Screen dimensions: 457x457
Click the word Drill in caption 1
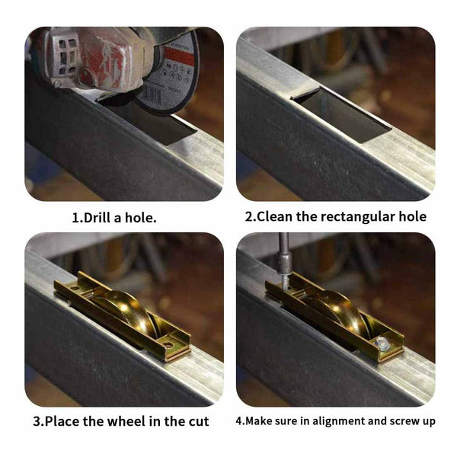(97, 218)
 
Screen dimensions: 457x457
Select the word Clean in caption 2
(275, 216)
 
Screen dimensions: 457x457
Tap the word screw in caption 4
(404, 422)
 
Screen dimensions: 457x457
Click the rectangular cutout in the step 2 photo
(343, 115)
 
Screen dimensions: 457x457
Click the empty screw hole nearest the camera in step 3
(168, 345)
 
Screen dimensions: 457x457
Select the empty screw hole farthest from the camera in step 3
(75, 289)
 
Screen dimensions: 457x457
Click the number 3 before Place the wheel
(37, 422)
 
